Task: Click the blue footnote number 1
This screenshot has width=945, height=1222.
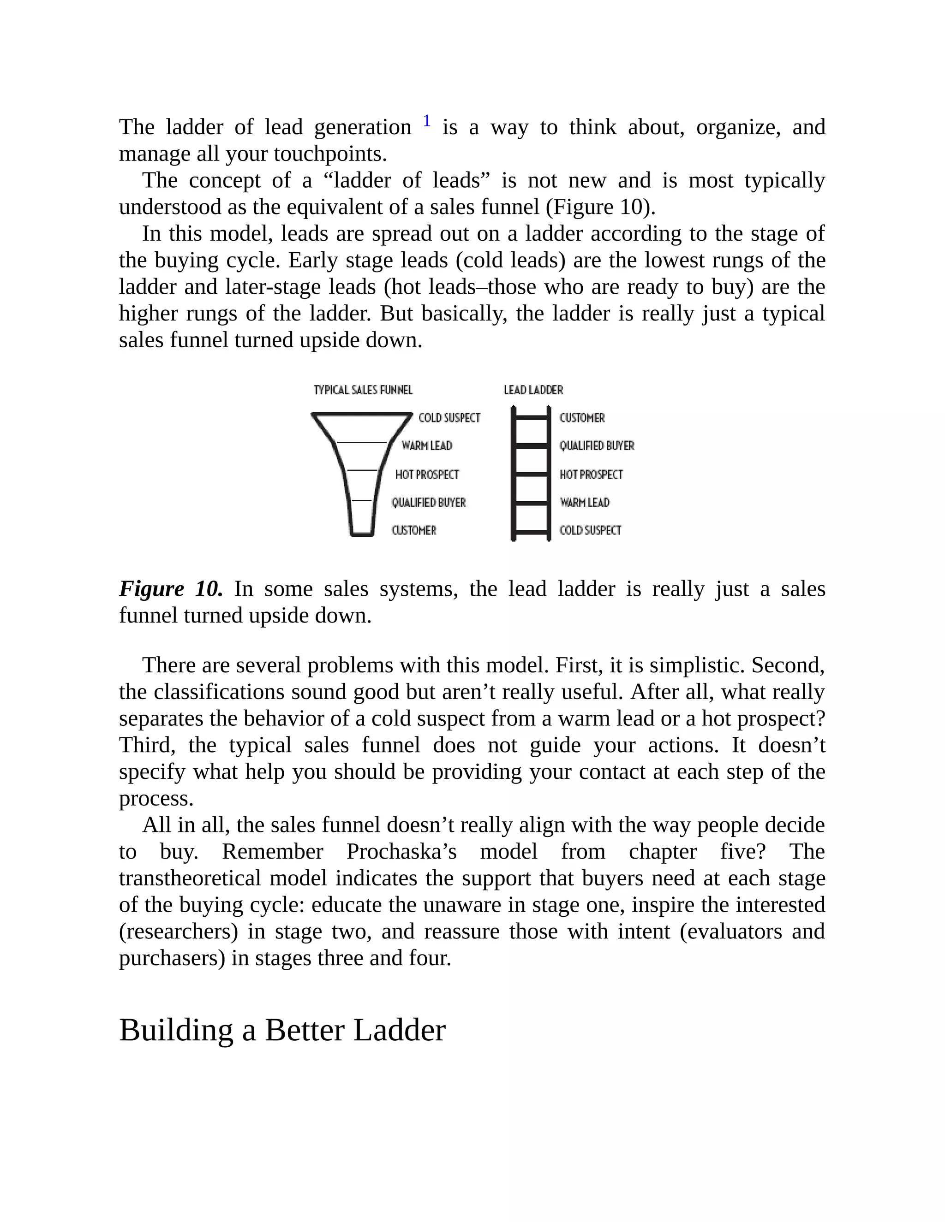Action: [x=427, y=121]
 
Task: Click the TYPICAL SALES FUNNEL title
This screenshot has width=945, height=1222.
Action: [x=363, y=390]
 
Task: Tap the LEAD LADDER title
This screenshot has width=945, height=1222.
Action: [x=533, y=390]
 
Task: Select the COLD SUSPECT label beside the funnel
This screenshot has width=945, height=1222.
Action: [x=449, y=418]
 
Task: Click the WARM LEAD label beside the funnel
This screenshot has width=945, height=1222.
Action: [x=427, y=446]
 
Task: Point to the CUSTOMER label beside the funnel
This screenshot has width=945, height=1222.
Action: [x=414, y=530]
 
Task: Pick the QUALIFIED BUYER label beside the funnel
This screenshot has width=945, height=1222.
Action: [x=428, y=503]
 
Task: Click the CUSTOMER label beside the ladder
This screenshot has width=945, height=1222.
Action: [x=582, y=418]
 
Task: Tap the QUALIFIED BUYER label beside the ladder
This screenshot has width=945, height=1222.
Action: [x=597, y=446]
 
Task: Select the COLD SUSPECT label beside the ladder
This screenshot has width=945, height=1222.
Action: [x=590, y=530]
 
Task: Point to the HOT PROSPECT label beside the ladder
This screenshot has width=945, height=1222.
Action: [x=591, y=475]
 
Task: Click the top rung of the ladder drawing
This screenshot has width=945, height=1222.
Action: [x=531, y=417]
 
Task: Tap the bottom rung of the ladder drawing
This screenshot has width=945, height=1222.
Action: [x=531, y=532]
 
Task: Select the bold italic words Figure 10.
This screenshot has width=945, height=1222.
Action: [x=171, y=589]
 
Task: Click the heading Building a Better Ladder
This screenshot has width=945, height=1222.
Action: [x=282, y=1030]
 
